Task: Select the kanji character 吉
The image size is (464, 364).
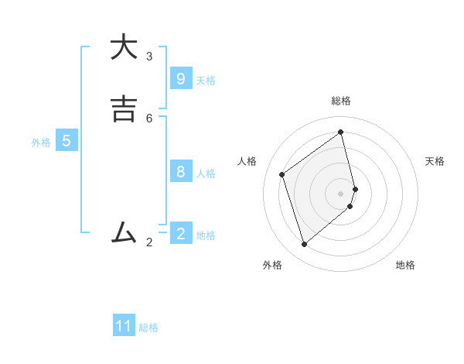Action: pos(123,108)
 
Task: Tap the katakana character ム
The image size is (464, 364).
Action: pos(123,231)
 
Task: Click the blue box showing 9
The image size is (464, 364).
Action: pos(180,79)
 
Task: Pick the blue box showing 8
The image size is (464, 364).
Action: pos(180,172)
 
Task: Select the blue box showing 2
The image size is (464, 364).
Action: pos(180,234)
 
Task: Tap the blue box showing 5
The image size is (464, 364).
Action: pos(67,141)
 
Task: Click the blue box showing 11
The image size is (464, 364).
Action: pos(124,326)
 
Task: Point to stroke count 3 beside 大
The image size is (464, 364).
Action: pos(149,57)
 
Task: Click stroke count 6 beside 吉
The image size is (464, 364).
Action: pos(149,118)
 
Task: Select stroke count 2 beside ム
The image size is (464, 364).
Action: pos(149,242)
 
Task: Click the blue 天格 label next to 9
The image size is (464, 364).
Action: pos(206,81)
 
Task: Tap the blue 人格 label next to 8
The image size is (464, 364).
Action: pos(206,173)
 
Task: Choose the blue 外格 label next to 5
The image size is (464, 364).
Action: pos(41,143)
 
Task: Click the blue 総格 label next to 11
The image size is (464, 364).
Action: pos(148,328)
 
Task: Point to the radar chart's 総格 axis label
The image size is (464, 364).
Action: pos(341,101)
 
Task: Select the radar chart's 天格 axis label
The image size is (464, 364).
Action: pos(435,161)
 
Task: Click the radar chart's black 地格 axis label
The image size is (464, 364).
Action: pos(405,265)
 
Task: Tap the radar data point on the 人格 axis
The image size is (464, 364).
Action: pos(282,174)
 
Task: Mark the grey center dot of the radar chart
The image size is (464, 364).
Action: pos(341,193)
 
